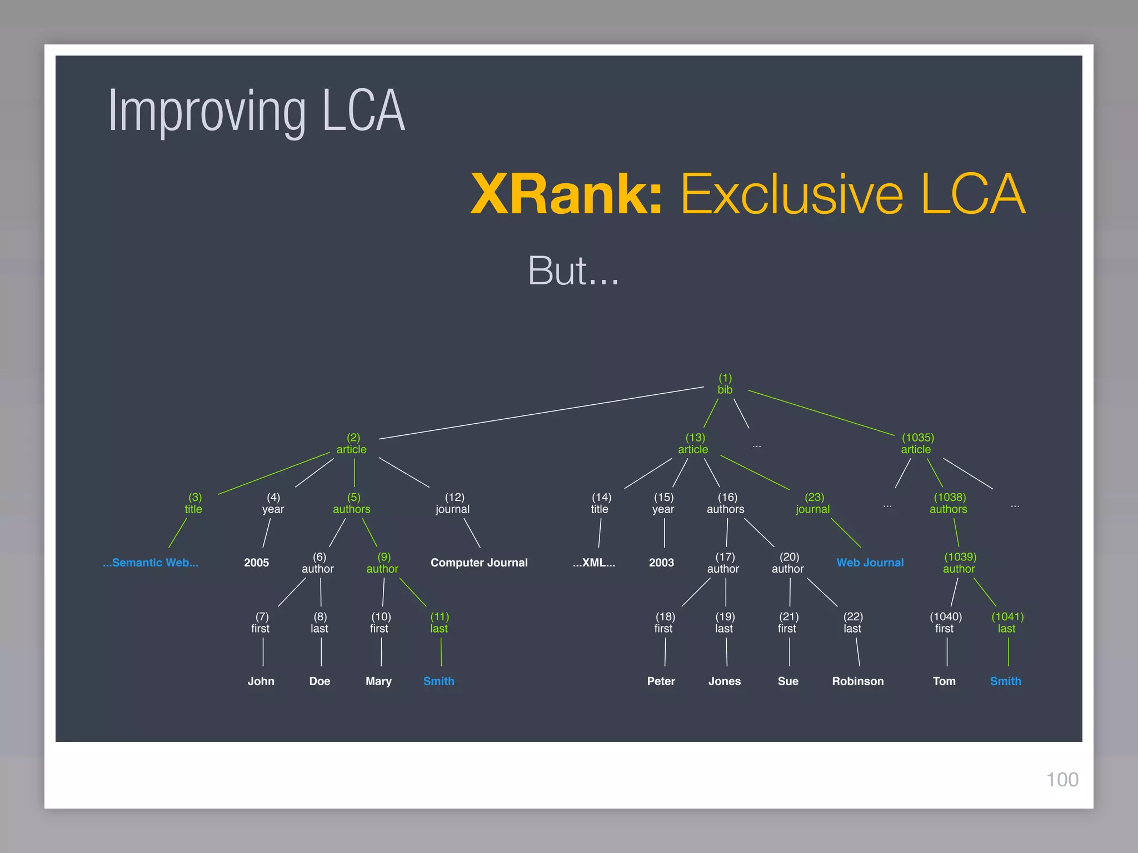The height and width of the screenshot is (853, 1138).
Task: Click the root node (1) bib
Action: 725,384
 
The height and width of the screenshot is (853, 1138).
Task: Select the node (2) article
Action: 352,444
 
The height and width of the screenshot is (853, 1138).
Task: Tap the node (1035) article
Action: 917,444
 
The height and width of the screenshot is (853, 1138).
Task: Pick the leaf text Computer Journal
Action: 479,563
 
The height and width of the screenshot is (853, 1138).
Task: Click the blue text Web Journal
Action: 870,563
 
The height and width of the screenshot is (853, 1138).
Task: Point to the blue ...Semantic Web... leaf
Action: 151,563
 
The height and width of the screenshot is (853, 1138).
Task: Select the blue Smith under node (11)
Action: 439,681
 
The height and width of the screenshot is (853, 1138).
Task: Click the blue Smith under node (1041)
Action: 1006,681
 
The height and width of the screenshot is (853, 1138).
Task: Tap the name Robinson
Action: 857,681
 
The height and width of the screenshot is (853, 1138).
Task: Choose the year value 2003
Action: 661,563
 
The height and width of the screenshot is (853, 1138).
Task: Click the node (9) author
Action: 383,563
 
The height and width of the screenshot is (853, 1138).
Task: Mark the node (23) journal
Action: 813,503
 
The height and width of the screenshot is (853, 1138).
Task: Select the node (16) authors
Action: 726,503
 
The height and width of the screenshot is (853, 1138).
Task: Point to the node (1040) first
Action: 945,623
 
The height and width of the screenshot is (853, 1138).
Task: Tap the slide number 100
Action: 1062,780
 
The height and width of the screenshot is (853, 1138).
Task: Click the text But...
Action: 558,271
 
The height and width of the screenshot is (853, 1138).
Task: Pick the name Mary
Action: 378,681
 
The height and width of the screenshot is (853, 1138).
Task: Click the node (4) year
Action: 273,503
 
